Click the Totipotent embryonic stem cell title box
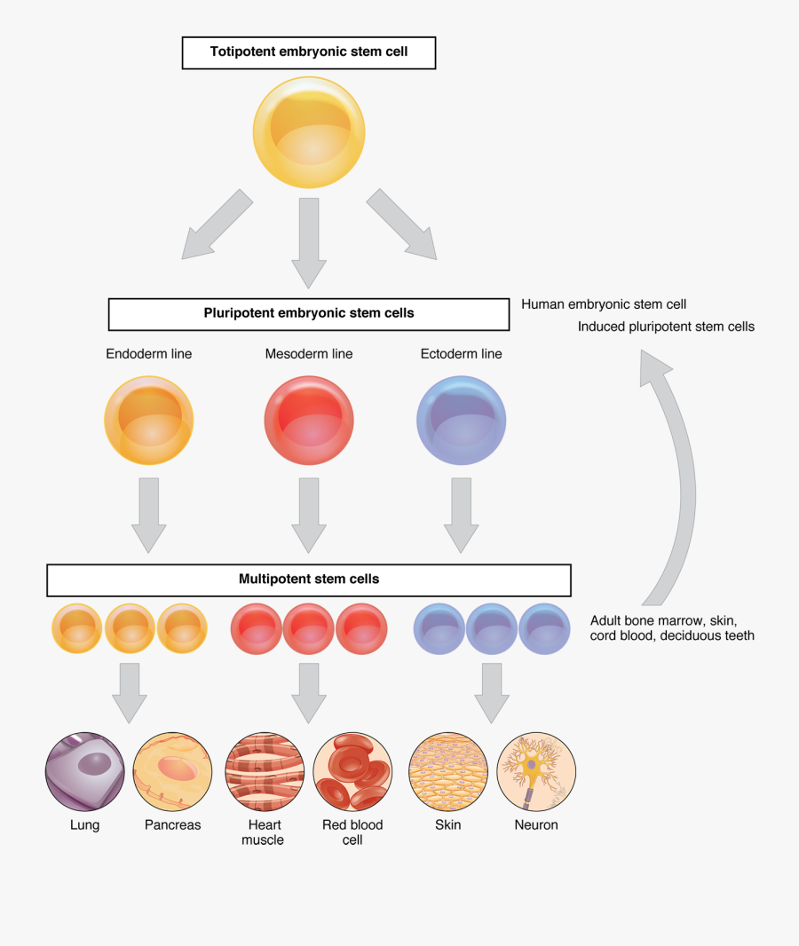[x=309, y=52]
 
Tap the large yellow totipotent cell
[x=309, y=132]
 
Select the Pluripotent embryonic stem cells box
[x=309, y=314]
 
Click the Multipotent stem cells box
[x=309, y=579]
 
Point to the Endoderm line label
[x=149, y=354]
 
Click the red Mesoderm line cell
[x=309, y=421]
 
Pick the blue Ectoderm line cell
[x=462, y=421]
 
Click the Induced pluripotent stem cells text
[x=666, y=327]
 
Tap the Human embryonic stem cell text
[x=604, y=304]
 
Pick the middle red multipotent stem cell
[x=309, y=628]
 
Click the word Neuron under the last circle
[x=536, y=825]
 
